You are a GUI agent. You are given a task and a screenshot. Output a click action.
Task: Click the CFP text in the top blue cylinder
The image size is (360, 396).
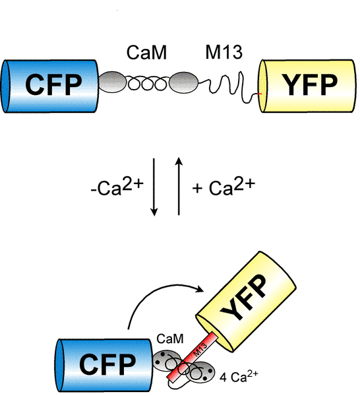(53, 85)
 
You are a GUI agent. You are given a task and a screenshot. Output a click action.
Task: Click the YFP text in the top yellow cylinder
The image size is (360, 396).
(310, 85)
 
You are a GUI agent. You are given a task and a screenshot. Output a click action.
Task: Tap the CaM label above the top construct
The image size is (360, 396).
(146, 53)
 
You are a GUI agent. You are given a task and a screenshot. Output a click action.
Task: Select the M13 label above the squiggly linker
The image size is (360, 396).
(224, 52)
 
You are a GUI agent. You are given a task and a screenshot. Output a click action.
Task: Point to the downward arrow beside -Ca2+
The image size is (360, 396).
(154, 187)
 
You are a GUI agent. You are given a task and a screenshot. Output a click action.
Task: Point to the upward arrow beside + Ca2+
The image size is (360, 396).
(179, 186)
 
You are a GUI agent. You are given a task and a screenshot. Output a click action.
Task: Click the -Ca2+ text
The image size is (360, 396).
(117, 186)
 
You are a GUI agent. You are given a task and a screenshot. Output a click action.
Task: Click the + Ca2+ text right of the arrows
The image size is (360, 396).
(224, 186)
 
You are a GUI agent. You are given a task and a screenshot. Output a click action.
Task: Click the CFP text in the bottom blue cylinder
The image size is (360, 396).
(107, 364)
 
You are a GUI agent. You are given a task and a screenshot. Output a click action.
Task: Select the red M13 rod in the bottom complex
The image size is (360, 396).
(193, 356)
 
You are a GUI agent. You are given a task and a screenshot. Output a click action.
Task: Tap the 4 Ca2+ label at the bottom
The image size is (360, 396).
(239, 376)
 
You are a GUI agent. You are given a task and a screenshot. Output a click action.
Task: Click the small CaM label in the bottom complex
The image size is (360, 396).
(170, 339)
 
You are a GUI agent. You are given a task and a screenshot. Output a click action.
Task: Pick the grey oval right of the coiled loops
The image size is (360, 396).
(183, 82)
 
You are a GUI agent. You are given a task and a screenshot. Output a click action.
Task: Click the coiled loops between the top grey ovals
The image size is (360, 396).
(148, 83)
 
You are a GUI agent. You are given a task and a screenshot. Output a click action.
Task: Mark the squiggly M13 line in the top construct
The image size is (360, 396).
(228, 87)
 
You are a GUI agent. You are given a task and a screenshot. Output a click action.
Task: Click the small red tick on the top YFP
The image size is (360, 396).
(260, 94)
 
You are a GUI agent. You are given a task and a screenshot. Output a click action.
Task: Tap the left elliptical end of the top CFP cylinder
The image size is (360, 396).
(6, 86)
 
